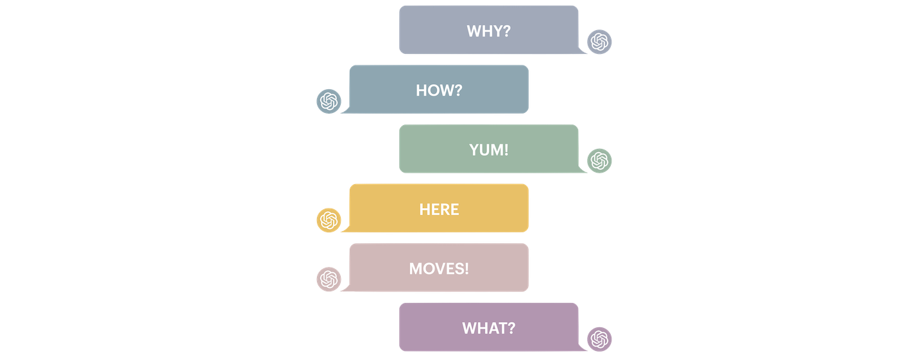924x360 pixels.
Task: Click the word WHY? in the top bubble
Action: point(488,31)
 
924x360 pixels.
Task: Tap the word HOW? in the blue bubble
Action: point(439,90)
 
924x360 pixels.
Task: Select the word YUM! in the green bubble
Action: point(488,150)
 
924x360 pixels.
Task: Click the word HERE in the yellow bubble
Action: point(439,209)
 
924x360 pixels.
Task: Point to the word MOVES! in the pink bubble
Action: point(439,268)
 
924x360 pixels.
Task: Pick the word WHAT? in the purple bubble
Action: point(488,328)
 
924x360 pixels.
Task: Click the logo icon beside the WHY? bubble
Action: point(599,42)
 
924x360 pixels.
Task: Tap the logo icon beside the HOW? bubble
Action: point(328,101)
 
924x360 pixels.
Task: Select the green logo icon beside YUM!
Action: point(599,160)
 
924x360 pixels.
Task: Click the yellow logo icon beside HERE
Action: point(328,219)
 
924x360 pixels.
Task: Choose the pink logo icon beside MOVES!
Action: point(328,279)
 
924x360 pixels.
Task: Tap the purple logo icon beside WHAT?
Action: point(599,338)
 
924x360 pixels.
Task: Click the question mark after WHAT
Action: point(511,328)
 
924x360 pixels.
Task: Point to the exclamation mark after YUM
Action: point(506,150)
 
